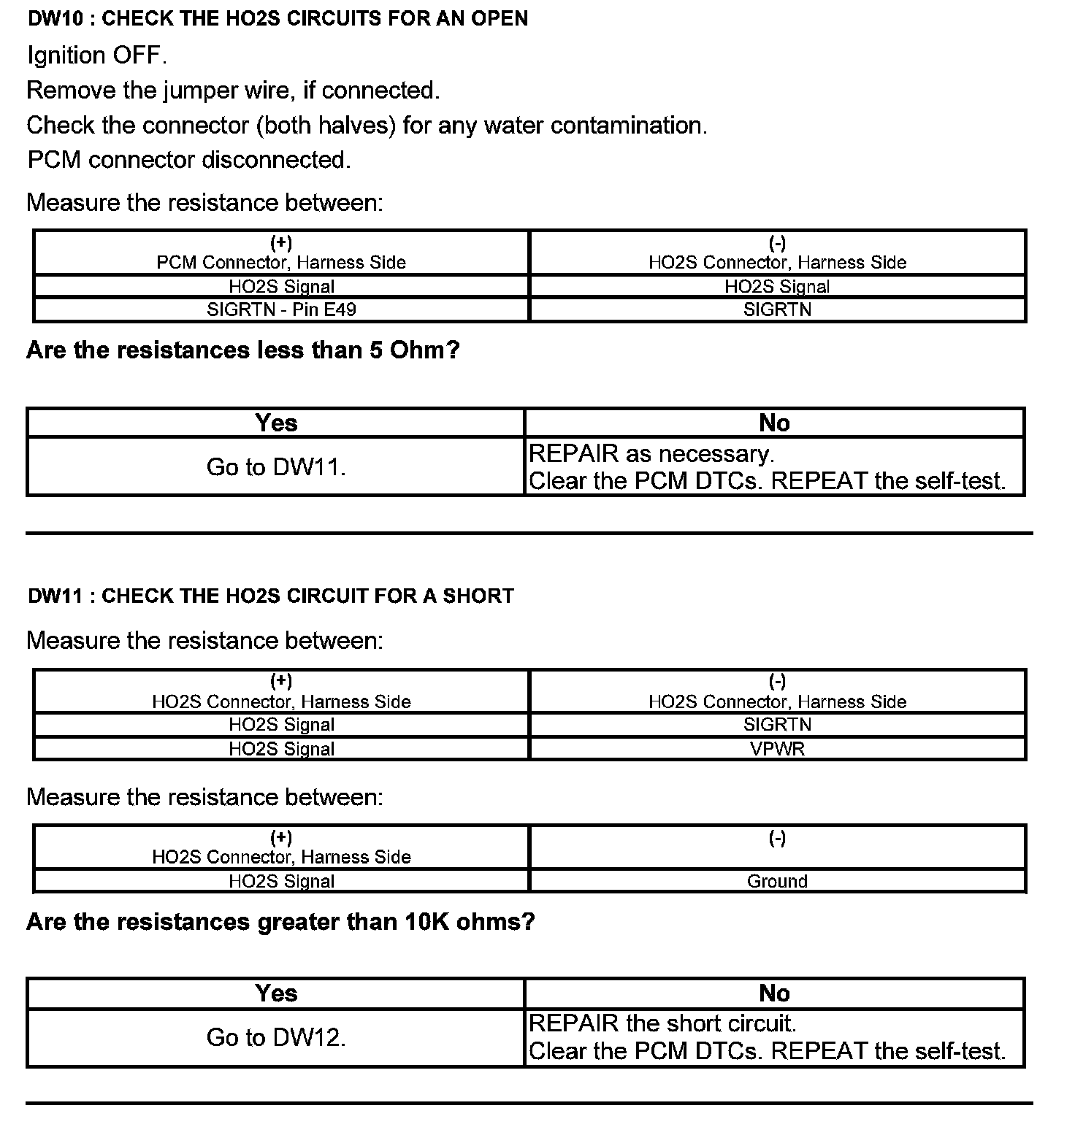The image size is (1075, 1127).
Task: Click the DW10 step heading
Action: click(x=278, y=18)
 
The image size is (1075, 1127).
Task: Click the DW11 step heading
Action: click(x=270, y=596)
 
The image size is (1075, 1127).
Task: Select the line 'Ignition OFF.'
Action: click(x=97, y=55)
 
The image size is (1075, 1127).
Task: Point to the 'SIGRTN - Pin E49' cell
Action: click(x=281, y=309)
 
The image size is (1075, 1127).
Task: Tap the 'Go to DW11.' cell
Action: click(x=276, y=467)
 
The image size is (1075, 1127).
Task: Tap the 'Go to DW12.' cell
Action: click(x=276, y=1037)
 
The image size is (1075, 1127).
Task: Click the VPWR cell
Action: click(x=777, y=749)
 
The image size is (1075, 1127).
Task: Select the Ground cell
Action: click(x=777, y=881)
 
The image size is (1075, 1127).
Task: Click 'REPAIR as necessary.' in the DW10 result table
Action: click(x=651, y=454)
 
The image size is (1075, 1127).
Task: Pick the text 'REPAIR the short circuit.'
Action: click(x=662, y=1023)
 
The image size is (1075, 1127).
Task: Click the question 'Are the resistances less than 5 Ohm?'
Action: click(x=242, y=350)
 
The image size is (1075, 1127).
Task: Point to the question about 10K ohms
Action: click(x=280, y=922)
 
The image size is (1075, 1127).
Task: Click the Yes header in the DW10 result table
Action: click(x=276, y=423)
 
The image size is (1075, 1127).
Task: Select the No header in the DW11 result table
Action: click(x=774, y=993)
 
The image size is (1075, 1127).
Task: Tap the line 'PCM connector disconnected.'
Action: click(x=189, y=160)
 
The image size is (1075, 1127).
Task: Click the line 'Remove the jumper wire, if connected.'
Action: click(x=233, y=91)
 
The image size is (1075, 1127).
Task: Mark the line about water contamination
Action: click(x=367, y=126)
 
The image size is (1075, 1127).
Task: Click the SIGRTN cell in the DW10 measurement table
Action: click(x=777, y=309)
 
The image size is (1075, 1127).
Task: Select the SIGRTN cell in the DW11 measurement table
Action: click(x=777, y=724)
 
